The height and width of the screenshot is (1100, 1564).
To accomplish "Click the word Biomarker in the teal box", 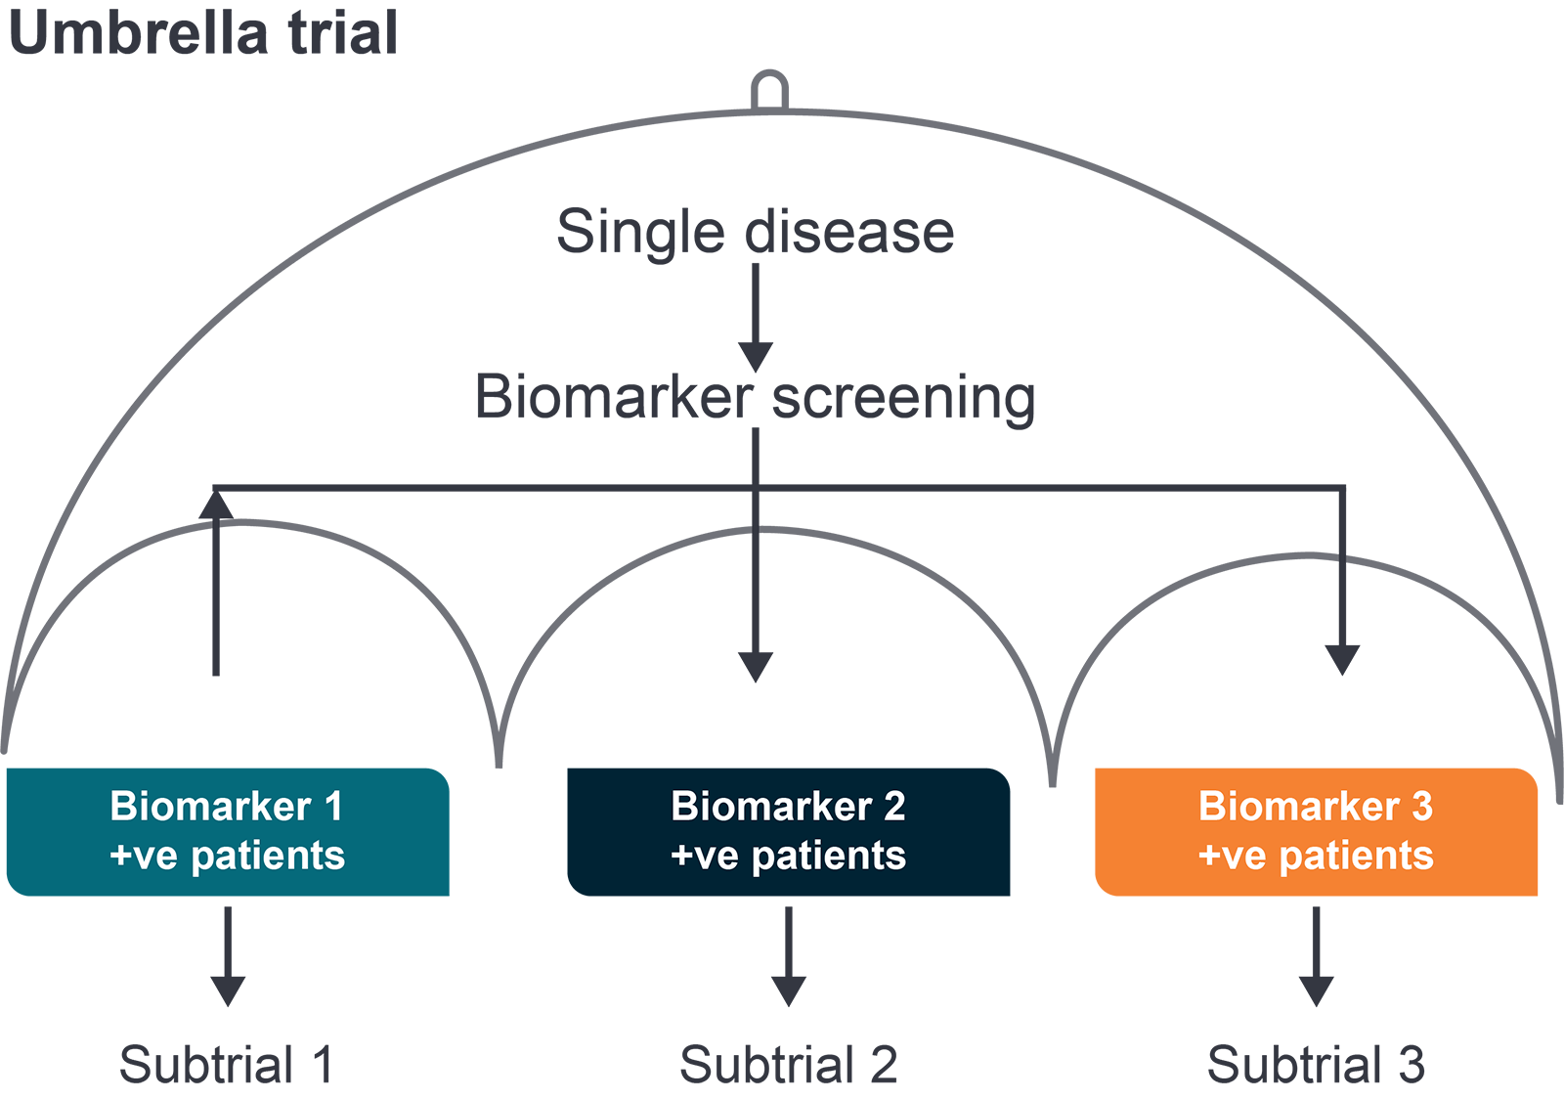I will (210, 807).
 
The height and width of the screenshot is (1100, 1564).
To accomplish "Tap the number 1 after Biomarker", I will (334, 807).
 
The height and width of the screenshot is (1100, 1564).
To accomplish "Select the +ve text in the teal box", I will (144, 856).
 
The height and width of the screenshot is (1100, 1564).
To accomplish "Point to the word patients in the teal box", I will (268, 857).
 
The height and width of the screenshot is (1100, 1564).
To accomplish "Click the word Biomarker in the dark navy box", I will (771, 807).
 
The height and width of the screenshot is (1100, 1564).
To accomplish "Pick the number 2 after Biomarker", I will (894, 807).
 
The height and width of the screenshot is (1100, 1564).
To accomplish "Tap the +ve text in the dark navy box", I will (704, 856).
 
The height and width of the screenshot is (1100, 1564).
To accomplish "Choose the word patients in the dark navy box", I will (829, 857).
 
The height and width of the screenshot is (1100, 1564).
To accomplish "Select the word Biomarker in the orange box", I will (1299, 807).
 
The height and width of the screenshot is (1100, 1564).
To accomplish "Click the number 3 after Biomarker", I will (1422, 807).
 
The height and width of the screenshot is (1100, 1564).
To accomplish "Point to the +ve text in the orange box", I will (1232, 856).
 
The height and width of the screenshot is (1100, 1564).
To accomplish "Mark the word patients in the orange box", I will (1357, 857).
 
